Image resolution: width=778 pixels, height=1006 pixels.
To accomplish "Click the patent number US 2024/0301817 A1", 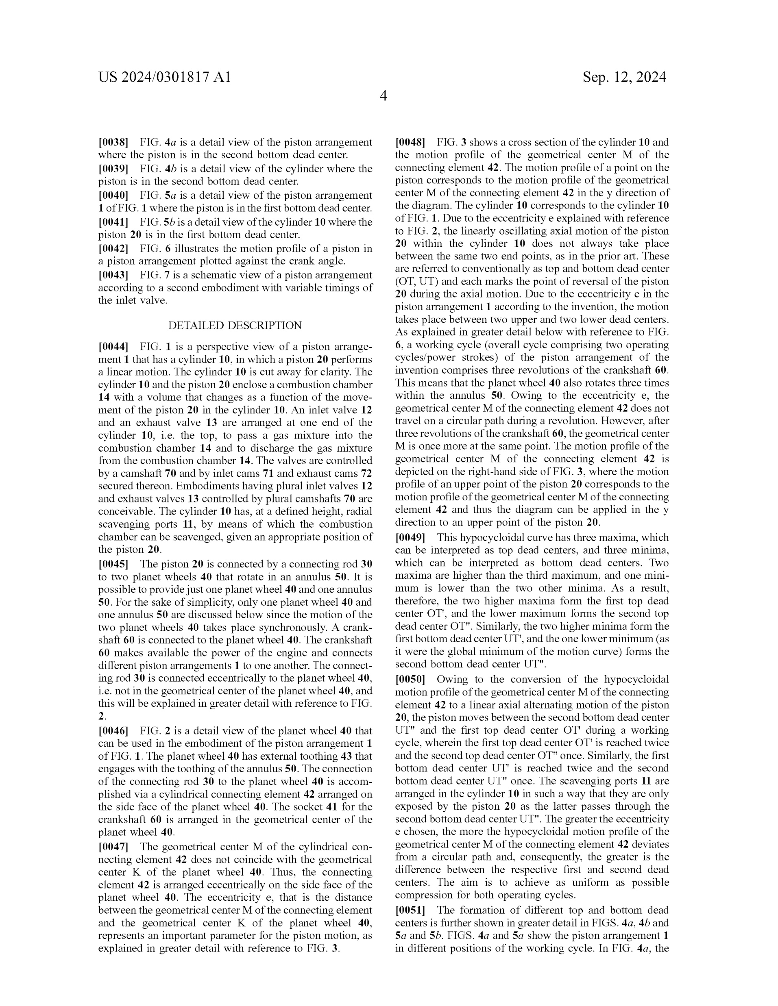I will [x=165, y=77].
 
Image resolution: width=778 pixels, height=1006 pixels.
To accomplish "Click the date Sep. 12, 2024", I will [x=624, y=77].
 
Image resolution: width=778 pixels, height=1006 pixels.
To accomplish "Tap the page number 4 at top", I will [x=383, y=96].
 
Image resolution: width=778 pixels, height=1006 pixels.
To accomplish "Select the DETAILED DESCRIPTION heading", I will [x=235, y=326].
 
